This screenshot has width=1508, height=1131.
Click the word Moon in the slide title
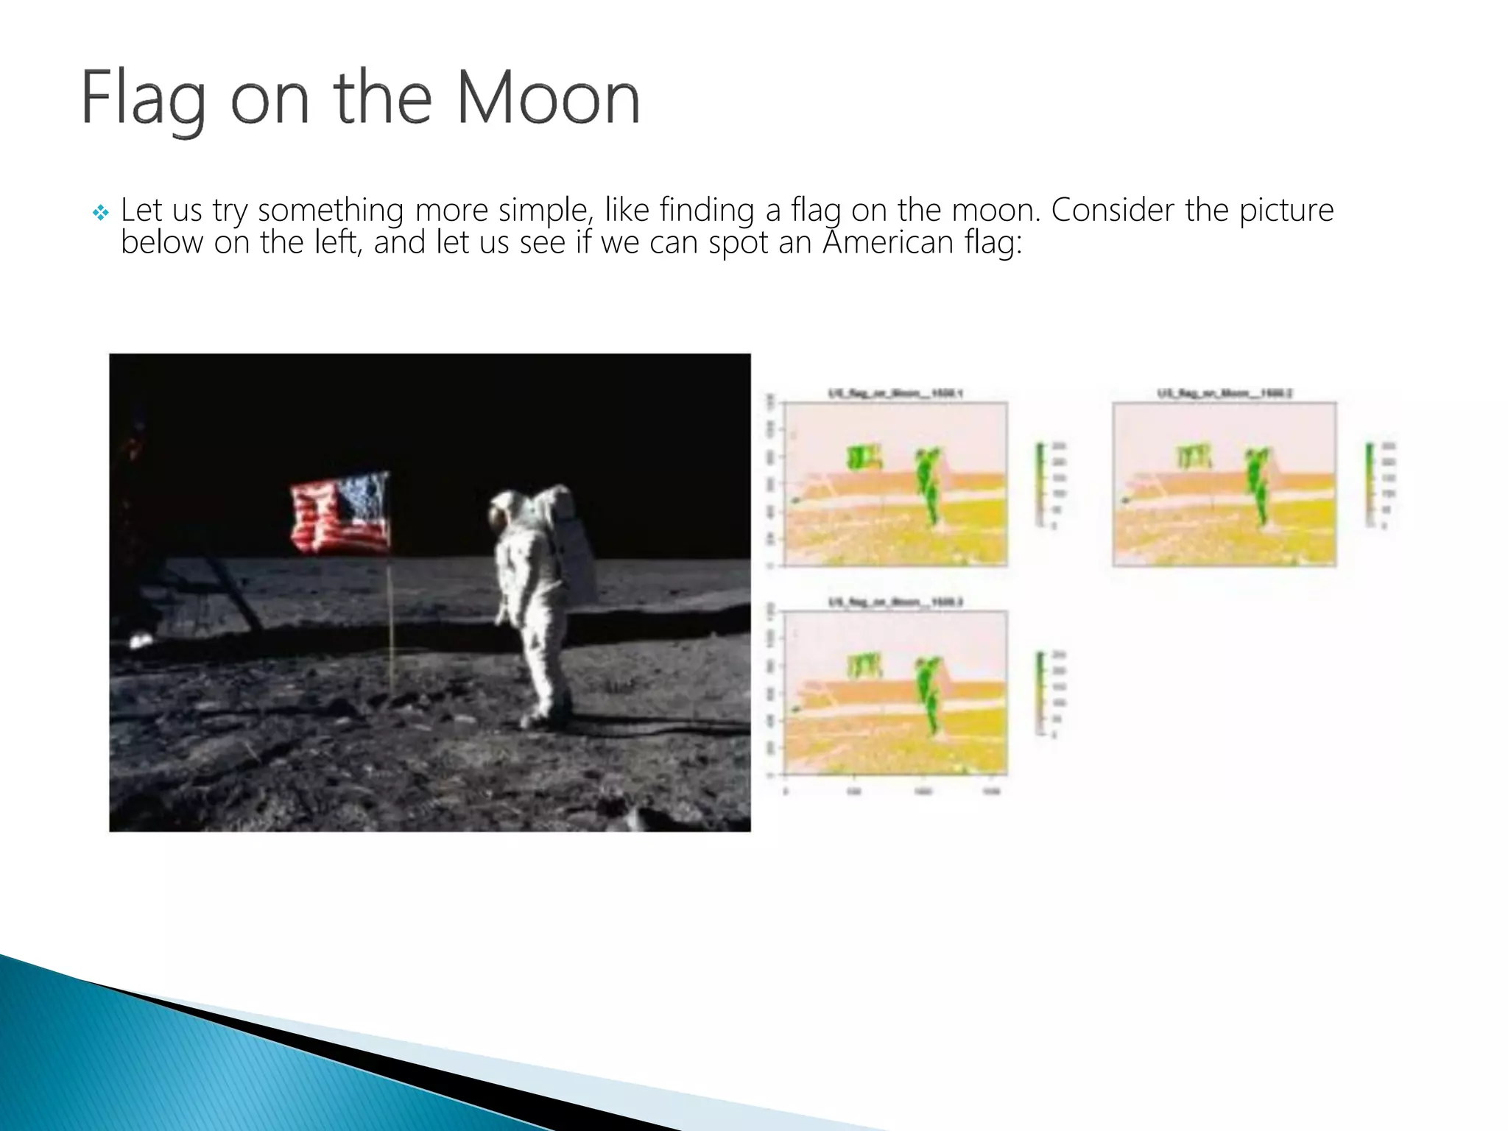tap(548, 99)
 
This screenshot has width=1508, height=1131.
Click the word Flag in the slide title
tap(143, 100)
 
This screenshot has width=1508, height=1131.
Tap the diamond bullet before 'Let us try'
tap(101, 214)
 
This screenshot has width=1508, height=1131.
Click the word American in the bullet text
tap(888, 242)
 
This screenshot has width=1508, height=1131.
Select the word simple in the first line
tap(543, 211)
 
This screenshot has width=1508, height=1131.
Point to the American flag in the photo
tap(340, 513)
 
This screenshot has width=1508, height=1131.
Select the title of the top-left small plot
tap(895, 393)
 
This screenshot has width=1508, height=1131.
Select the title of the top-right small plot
tap(1225, 393)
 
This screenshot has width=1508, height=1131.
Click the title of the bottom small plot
tap(895, 602)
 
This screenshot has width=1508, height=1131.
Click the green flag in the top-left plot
tap(864, 457)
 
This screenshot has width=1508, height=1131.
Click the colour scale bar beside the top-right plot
tap(1370, 485)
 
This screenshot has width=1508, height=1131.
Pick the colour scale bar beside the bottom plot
tap(1040, 692)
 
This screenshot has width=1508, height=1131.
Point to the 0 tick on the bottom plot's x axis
tap(786, 792)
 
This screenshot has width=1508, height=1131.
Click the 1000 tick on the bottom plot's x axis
tap(923, 792)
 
